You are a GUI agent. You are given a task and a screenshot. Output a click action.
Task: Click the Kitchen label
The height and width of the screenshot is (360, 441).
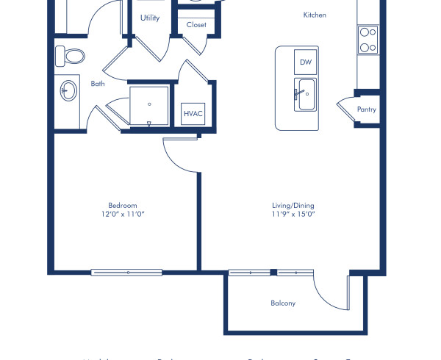click(x=315, y=15)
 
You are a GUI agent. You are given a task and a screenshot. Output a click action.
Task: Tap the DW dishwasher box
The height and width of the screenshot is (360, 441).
click(x=306, y=62)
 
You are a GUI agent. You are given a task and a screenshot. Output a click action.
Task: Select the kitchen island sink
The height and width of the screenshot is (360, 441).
click(x=306, y=95)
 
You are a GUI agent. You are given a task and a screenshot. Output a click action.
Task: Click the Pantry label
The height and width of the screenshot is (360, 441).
click(x=366, y=109)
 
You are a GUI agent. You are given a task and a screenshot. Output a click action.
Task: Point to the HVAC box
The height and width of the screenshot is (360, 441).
click(x=193, y=115)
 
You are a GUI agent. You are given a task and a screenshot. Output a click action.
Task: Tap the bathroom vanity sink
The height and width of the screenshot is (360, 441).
click(x=68, y=90)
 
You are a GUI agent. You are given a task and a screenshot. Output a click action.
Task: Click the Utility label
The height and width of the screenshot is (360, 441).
click(x=150, y=18)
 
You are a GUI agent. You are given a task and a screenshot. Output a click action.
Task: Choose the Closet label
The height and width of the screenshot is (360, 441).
click(x=196, y=25)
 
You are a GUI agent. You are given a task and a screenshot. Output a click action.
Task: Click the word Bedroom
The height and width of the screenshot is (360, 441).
click(x=122, y=206)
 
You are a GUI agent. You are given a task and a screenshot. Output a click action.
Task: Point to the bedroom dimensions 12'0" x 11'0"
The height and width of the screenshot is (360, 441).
click(x=122, y=215)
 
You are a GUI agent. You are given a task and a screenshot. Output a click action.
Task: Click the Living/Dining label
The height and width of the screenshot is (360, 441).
click(x=292, y=206)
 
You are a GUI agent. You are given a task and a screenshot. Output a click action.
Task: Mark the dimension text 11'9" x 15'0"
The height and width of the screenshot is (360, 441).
click(x=292, y=215)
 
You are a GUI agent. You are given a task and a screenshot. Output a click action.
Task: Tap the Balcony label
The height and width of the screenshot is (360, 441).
click(x=283, y=303)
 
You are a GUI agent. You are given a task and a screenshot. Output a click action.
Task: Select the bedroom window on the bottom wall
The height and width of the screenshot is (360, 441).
click(x=126, y=273)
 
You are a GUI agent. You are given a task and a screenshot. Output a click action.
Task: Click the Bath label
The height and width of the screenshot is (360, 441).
click(x=98, y=84)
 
